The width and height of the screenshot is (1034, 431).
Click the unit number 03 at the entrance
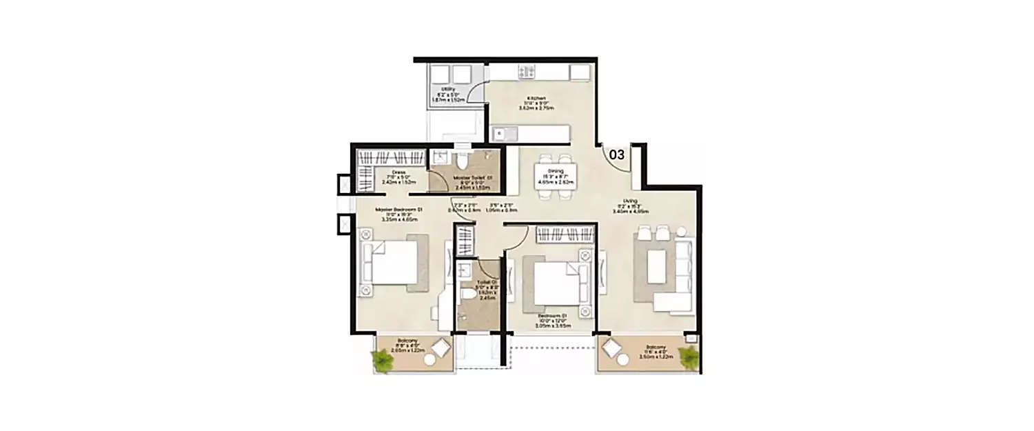tap(616, 154)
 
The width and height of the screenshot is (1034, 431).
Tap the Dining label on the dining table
tap(556, 175)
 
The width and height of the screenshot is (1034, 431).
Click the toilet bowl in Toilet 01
tap(469, 294)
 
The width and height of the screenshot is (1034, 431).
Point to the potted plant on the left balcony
tap(381, 359)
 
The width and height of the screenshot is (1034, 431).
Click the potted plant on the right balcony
tap(688, 357)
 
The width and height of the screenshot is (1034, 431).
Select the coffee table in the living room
tap(656, 267)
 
